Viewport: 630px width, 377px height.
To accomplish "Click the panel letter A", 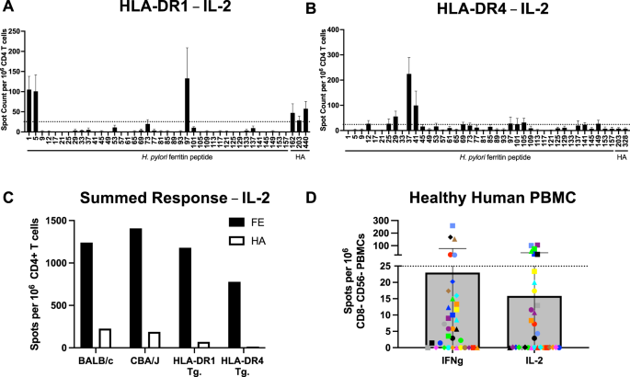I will click(x=9, y=8).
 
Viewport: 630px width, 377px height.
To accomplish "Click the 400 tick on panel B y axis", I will click(x=342, y=29).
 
